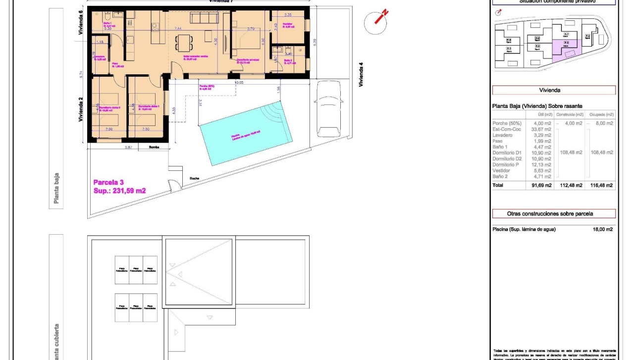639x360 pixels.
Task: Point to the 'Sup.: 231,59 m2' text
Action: [119, 191]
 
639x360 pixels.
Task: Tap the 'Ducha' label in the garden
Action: [194, 179]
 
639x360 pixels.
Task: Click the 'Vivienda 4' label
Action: [361, 74]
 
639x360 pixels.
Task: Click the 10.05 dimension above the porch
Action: [239, 83]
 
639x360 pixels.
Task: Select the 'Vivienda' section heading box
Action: [553, 91]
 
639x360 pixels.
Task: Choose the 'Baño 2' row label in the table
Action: [500, 176]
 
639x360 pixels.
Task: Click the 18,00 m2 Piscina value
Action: [603, 229]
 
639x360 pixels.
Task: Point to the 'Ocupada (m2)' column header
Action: [601, 114]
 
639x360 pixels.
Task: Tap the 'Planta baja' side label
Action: [56, 188]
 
